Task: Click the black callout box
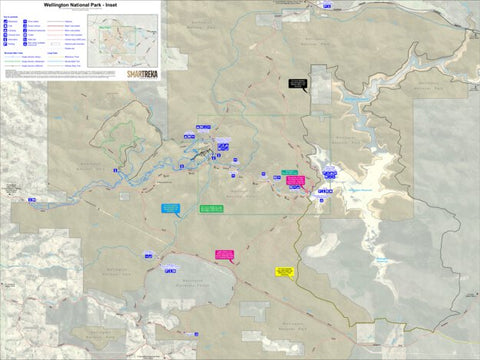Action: [x=297, y=83]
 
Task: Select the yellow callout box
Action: [x=284, y=270]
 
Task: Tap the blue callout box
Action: [x=170, y=208]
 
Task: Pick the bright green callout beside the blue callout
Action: [x=211, y=208]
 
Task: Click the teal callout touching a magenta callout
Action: [x=288, y=175]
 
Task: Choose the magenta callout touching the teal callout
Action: [x=295, y=181]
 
